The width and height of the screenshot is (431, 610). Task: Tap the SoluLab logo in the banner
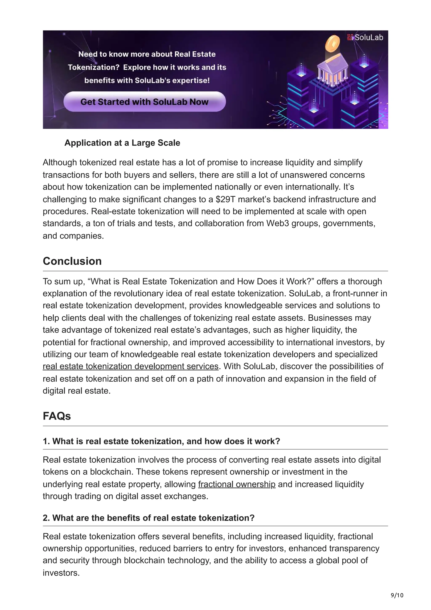click(x=365, y=37)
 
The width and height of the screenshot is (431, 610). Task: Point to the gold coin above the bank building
click(x=333, y=44)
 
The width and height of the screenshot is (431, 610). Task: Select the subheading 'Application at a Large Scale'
click(x=122, y=143)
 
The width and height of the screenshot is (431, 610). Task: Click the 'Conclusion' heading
click(x=72, y=261)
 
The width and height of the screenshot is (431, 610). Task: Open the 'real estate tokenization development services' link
click(x=130, y=366)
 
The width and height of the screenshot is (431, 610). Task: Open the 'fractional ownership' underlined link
click(x=237, y=484)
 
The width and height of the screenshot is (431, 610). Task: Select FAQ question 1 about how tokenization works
click(x=161, y=441)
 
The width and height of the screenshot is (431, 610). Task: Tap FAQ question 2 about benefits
click(x=148, y=518)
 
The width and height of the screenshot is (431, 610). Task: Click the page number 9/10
click(x=397, y=595)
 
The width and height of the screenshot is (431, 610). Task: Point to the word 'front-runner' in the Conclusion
click(x=356, y=294)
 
